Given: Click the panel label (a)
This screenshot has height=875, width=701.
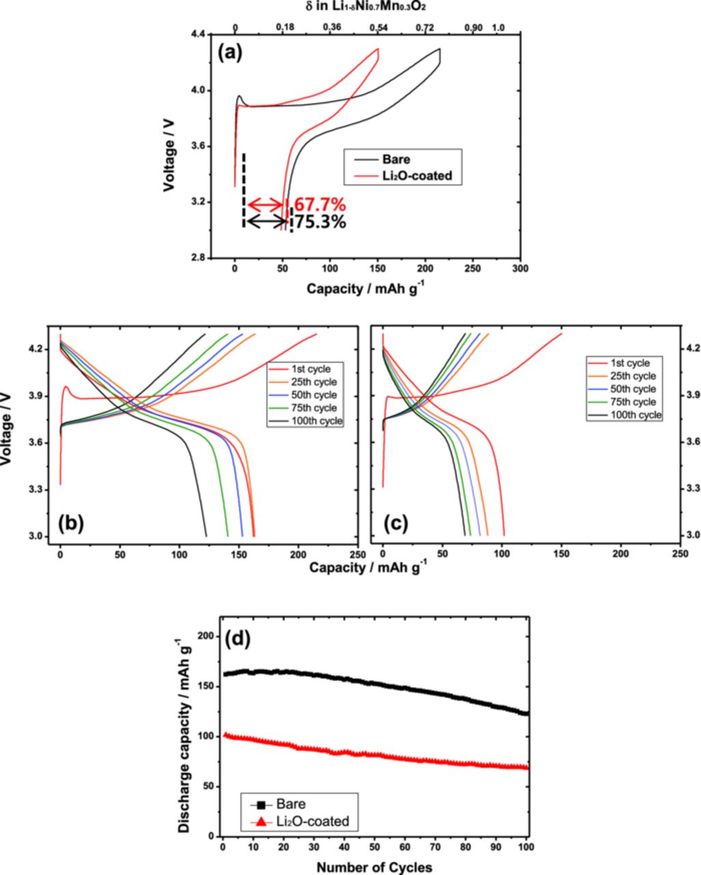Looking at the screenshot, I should click(x=231, y=53).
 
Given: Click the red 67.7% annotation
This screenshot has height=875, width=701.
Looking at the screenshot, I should click(x=320, y=204).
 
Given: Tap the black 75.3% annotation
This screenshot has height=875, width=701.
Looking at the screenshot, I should click(x=320, y=222).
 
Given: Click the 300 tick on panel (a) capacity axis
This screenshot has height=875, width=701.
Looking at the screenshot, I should click(x=521, y=269).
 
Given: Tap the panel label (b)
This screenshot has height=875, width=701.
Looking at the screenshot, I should click(x=71, y=523).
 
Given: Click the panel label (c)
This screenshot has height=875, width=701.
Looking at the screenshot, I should click(x=396, y=523).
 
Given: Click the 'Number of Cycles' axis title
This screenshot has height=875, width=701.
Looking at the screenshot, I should click(x=374, y=867).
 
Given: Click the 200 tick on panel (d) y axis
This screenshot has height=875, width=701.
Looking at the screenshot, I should click(x=206, y=636).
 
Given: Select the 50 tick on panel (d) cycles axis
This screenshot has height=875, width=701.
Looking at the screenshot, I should click(x=374, y=848).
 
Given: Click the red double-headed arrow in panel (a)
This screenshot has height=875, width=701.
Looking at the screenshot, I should click(x=264, y=204).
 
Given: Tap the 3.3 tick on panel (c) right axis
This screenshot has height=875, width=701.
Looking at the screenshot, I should click(x=691, y=488).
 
